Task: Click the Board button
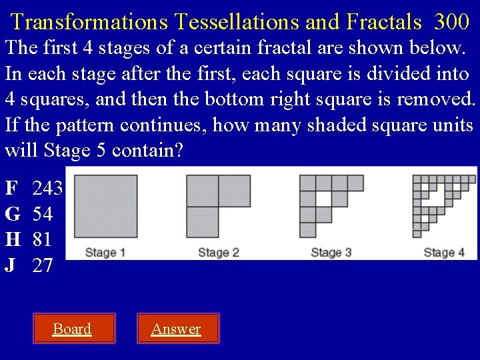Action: click(x=73, y=329)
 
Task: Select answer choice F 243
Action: click(x=34, y=189)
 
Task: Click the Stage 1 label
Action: click(x=105, y=253)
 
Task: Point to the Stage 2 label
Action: click(x=219, y=253)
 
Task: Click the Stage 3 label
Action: click(x=331, y=253)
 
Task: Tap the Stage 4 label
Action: click(x=444, y=253)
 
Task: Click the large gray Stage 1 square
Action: click(x=105, y=207)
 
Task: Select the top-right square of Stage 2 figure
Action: click(x=235, y=191)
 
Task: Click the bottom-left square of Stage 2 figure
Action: click(x=203, y=223)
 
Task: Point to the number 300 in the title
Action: click(x=451, y=22)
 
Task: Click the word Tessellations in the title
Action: click(x=237, y=22)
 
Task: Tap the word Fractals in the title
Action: click(x=384, y=22)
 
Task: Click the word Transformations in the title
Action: click(x=90, y=22)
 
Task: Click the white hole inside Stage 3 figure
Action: click(x=323, y=199)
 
